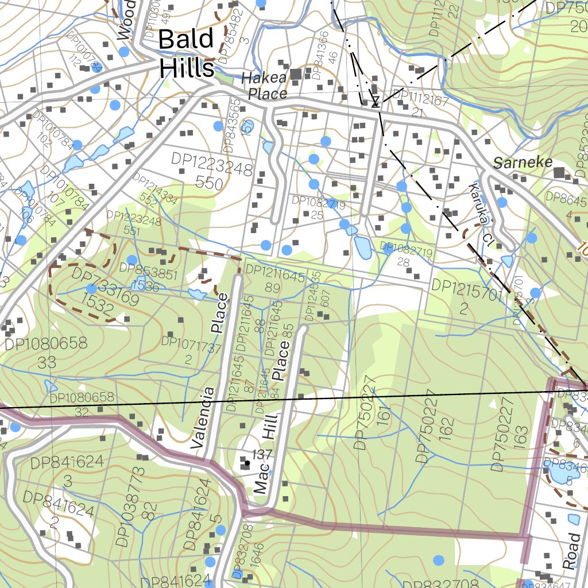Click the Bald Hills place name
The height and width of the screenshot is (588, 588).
[186, 53]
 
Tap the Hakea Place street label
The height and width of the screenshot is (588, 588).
[264, 86]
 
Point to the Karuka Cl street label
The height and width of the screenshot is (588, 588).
[481, 212]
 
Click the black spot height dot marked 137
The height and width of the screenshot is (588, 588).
[247, 462]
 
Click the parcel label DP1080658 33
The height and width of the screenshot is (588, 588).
[46, 353]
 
